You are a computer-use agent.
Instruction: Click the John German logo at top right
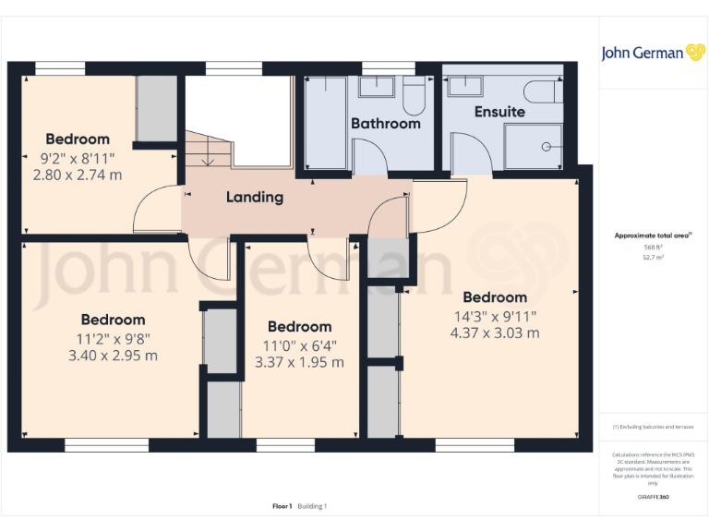[x=655, y=53]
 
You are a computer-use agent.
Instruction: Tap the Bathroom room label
[x=385, y=123]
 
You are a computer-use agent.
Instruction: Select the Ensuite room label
[x=499, y=112]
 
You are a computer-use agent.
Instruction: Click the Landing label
[x=255, y=197]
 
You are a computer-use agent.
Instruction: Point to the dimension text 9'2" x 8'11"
[x=78, y=157]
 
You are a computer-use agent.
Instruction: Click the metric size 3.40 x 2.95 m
[x=113, y=355]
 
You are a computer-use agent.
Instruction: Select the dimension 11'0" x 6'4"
[x=299, y=345]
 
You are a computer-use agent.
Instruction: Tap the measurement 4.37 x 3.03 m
[x=495, y=332]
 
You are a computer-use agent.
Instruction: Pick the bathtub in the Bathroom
[x=325, y=123]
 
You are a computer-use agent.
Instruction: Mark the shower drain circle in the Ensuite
[x=546, y=146]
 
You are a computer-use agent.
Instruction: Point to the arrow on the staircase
[x=208, y=161]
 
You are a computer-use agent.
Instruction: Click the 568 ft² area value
[x=654, y=248]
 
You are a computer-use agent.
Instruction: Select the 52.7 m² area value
[x=654, y=258]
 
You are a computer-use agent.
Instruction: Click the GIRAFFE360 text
[x=654, y=496]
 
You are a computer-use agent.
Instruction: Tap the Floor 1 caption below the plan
[x=282, y=506]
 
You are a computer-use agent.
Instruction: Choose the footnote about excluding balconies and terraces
[x=654, y=427]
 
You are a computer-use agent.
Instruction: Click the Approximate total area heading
[x=654, y=236]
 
